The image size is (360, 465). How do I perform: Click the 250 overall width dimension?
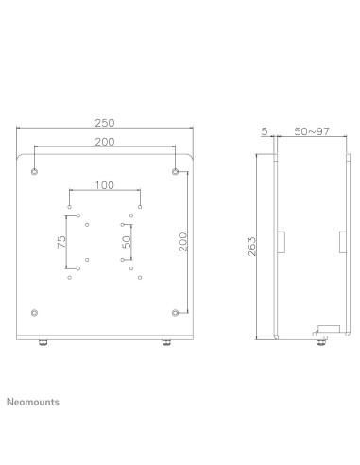105,122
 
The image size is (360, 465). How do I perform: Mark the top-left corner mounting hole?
34,171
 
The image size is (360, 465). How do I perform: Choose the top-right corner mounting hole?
176,171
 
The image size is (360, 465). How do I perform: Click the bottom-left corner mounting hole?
34,312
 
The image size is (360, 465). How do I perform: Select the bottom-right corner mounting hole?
176,312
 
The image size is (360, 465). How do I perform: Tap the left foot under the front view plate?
42,343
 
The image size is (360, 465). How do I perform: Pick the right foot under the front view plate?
167,343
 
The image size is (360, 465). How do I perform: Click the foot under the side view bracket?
318,341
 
